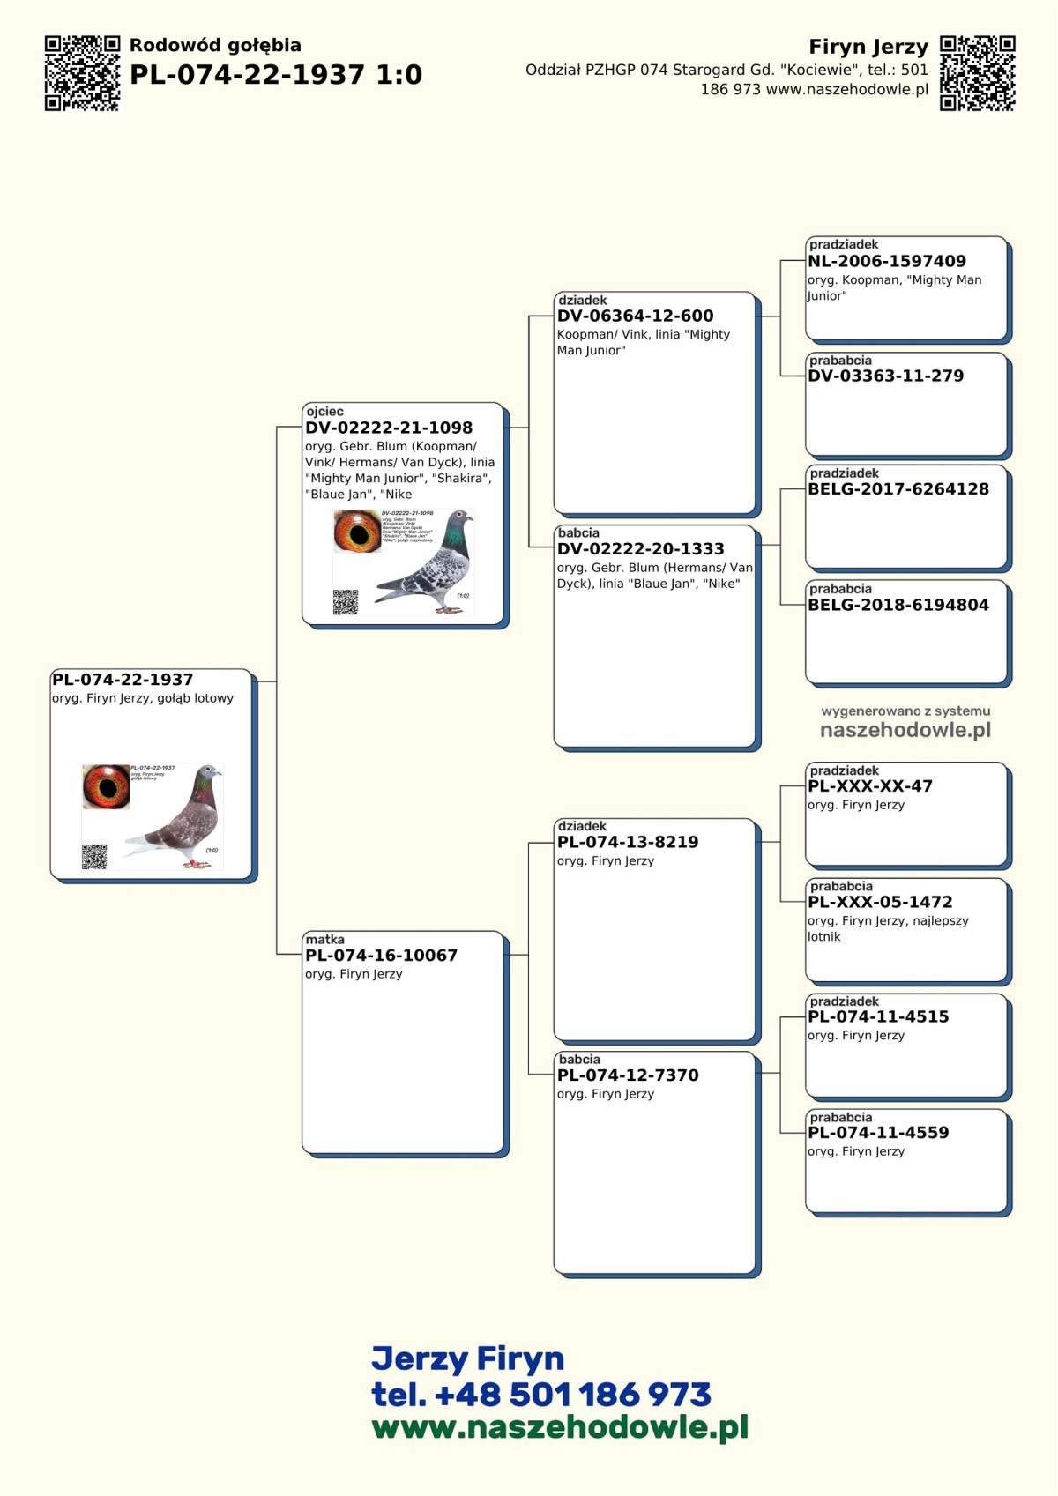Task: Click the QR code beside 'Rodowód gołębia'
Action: [x=82, y=73]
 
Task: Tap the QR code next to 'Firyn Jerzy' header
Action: [x=977, y=73]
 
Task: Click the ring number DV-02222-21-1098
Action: [x=389, y=428]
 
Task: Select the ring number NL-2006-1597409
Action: [x=887, y=262]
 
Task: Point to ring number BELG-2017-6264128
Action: [x=898, y=489]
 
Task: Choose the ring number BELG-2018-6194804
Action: [x=898, y=606]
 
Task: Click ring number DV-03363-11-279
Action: [x=886, y=376]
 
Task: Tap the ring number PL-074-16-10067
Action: [x=382, y=956]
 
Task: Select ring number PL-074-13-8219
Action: [x=628, y=842]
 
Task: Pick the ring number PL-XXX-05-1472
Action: [x=880, y=902]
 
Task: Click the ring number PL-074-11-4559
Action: [x=878, y=1133]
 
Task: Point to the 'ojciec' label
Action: [x=324, y=412]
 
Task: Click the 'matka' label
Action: [x=324, y=940]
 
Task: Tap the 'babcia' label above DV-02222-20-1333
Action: [x=578, y=533]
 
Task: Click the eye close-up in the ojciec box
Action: [x=357, y=532]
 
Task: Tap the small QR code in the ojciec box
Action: [x=346, y=602]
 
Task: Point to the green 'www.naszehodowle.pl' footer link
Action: [x=560, y=1427]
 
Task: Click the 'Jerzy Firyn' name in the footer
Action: [x=467, y=1359]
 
